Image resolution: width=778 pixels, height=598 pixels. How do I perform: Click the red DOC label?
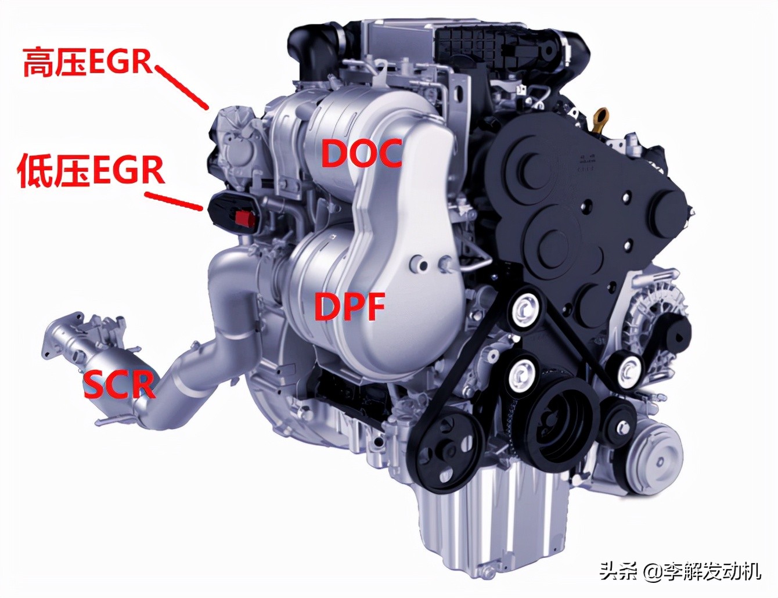(x=362, y=154)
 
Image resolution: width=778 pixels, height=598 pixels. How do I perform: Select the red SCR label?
(x=119, y=385)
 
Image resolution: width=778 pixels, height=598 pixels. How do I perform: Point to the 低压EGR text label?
(x=91, y=171)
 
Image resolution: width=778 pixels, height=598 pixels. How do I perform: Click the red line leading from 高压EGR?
(x=181, y=87)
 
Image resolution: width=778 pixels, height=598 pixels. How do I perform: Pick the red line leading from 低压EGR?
(x=173, y=201)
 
